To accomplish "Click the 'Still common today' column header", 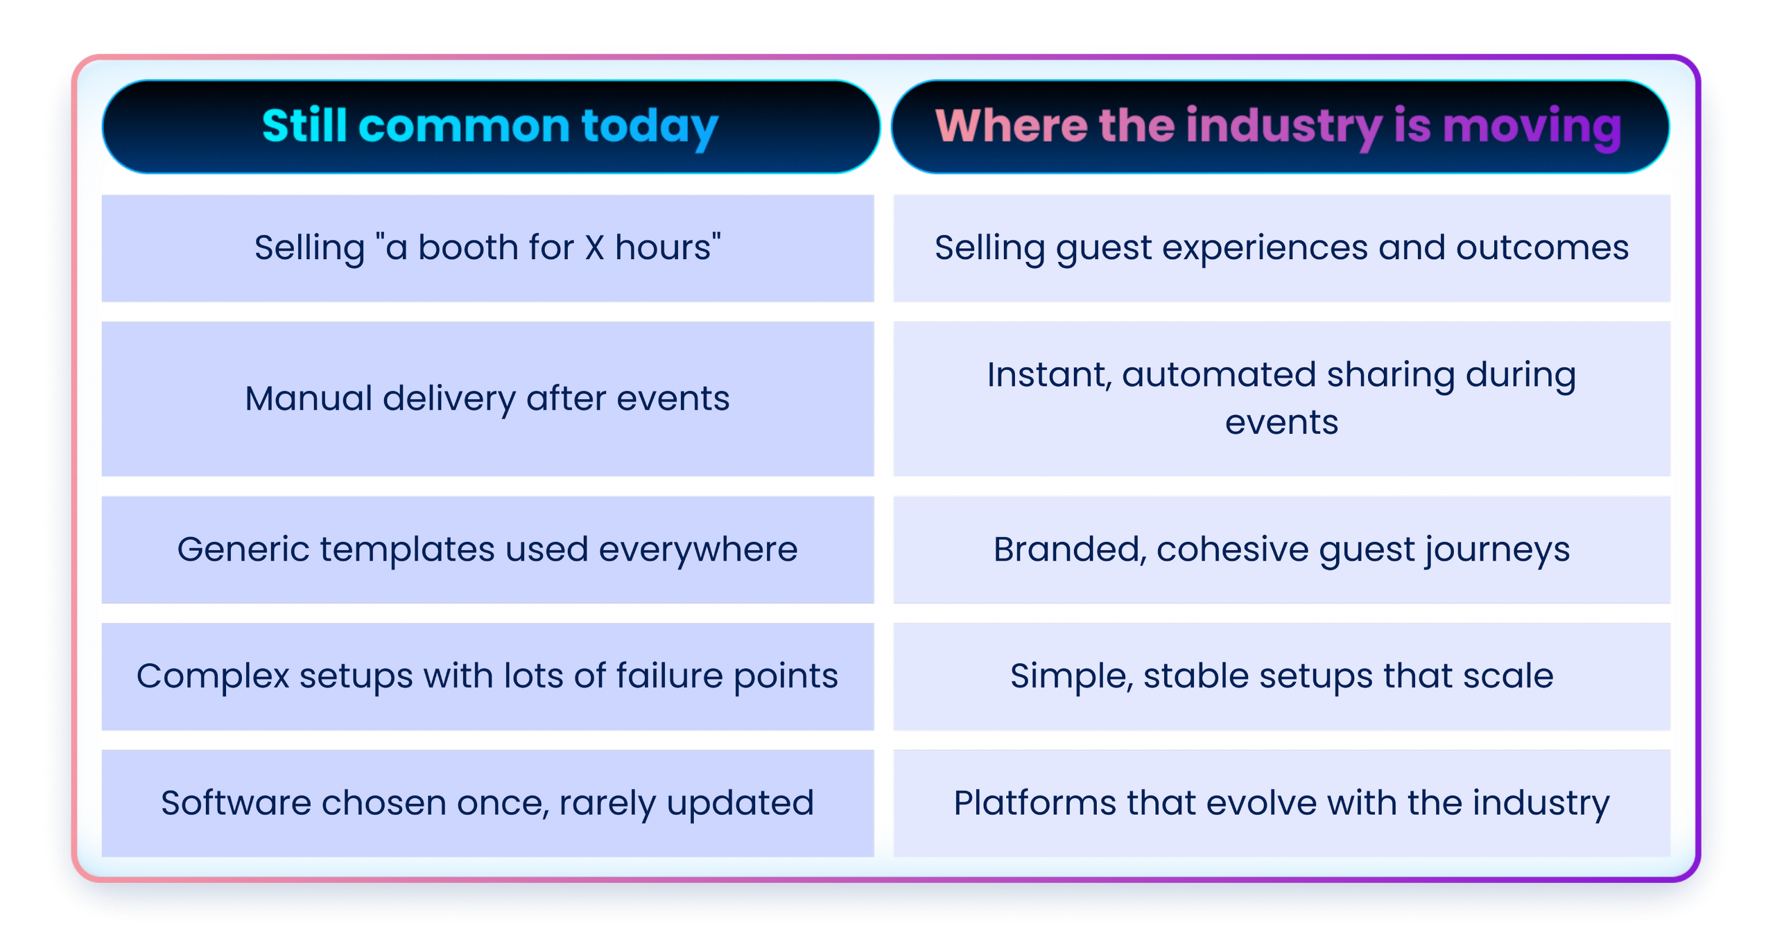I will (490, 126).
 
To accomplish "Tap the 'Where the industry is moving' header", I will (1279, 126).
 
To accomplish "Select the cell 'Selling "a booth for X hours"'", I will (487, 248).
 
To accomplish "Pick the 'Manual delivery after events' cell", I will (487, 399).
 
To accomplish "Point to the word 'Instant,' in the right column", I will (1049, 375).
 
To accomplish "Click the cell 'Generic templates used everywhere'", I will (487, 549).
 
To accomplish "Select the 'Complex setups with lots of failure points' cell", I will (487, 676).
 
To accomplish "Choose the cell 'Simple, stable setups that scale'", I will (1281, 676).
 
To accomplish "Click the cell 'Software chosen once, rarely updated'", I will (487, 803).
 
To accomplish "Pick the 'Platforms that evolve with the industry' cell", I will (1281, 803).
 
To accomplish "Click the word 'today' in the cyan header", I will (649, 128).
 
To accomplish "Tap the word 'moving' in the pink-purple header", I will (1532, 128).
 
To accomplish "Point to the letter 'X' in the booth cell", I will (594, 248).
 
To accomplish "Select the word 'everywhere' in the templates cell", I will (698, 549).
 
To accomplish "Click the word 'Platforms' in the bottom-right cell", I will (1035, 803).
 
